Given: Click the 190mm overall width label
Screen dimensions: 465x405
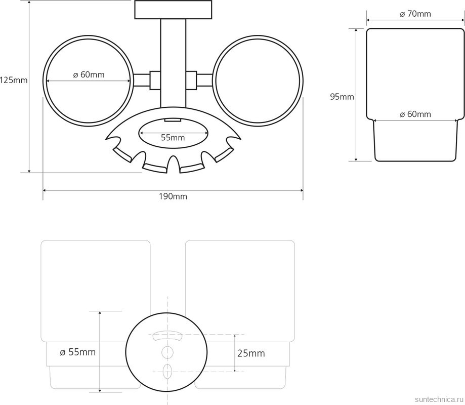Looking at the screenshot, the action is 173,196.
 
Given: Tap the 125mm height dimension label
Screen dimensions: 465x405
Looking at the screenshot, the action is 14,80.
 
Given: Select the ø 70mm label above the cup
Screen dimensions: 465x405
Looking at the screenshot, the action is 415,14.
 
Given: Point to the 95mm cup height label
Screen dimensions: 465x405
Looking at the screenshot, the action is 342,97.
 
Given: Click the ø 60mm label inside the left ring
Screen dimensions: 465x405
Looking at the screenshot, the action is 89,74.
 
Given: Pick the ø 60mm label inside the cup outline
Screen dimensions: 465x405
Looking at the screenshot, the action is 415,114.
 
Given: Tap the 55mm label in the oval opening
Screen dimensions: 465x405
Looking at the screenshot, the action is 173,137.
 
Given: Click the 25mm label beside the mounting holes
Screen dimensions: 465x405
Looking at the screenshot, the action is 251,353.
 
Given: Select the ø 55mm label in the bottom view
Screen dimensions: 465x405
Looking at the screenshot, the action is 78,352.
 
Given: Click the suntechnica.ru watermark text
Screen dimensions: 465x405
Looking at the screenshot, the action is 440,399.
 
